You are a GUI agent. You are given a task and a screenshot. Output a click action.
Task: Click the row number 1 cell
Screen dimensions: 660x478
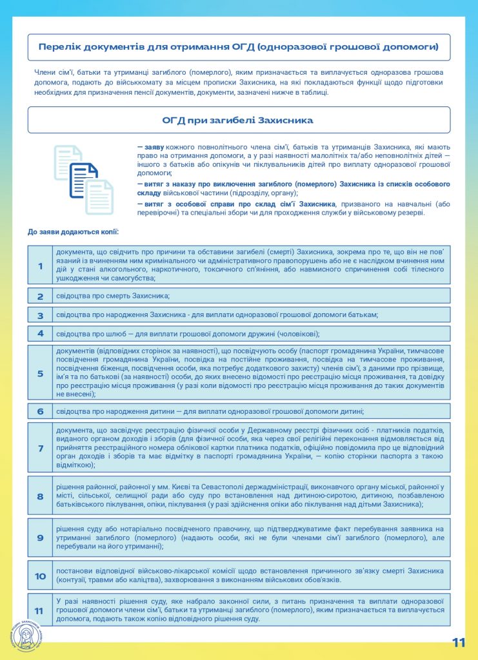pyautogui.click(x=40, y=266)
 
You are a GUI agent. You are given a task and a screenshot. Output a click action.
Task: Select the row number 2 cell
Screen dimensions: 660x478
pyautogui.click(x=40, y=296)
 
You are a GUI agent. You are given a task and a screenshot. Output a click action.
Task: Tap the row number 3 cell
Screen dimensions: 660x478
pyautogui.click(x=40, y=315)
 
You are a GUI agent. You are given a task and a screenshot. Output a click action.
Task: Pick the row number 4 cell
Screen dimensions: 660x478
pyautogui.click(x=40, y=334)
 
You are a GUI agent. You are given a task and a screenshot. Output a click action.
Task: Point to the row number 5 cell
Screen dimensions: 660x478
pyautogui.click(x=40, y=373)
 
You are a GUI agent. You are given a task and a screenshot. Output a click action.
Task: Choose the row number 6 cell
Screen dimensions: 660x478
pyautogui.click(x=40, y=411)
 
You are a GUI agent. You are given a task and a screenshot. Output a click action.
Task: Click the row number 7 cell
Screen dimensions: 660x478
pyautogui.click(x=40, y=448)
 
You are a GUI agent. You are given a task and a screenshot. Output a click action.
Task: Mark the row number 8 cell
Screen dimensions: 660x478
pyautogui.click(x=40, y=496)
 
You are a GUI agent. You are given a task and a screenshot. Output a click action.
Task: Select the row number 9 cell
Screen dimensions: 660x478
pyautogui.click(x=40, y=538)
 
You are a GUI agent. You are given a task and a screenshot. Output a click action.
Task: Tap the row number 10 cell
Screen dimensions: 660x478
pyautogui.click(x=40, y=576)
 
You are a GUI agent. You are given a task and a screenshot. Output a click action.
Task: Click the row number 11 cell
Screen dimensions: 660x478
pyautogui.click(x=40, y=610)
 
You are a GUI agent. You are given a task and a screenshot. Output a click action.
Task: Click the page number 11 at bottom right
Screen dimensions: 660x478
pyautogui.click(x=459, y=643)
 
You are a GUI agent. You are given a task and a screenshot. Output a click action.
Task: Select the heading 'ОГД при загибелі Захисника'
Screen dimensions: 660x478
pyautogui.click(x=238, y=121)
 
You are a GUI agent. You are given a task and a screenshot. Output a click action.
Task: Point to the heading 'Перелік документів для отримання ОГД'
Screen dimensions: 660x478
pyautogui.click(x=238, y=47)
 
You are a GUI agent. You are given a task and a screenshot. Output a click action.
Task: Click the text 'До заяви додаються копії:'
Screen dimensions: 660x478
pyautogui.click(x=73, y=231)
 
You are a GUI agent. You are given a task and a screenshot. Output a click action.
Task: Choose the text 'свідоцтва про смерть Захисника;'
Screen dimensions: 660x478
pyautogui.click(x=113, y=296)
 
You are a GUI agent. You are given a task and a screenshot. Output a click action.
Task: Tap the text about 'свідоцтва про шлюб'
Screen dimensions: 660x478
pyautogui.click(x=188, y=334)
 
